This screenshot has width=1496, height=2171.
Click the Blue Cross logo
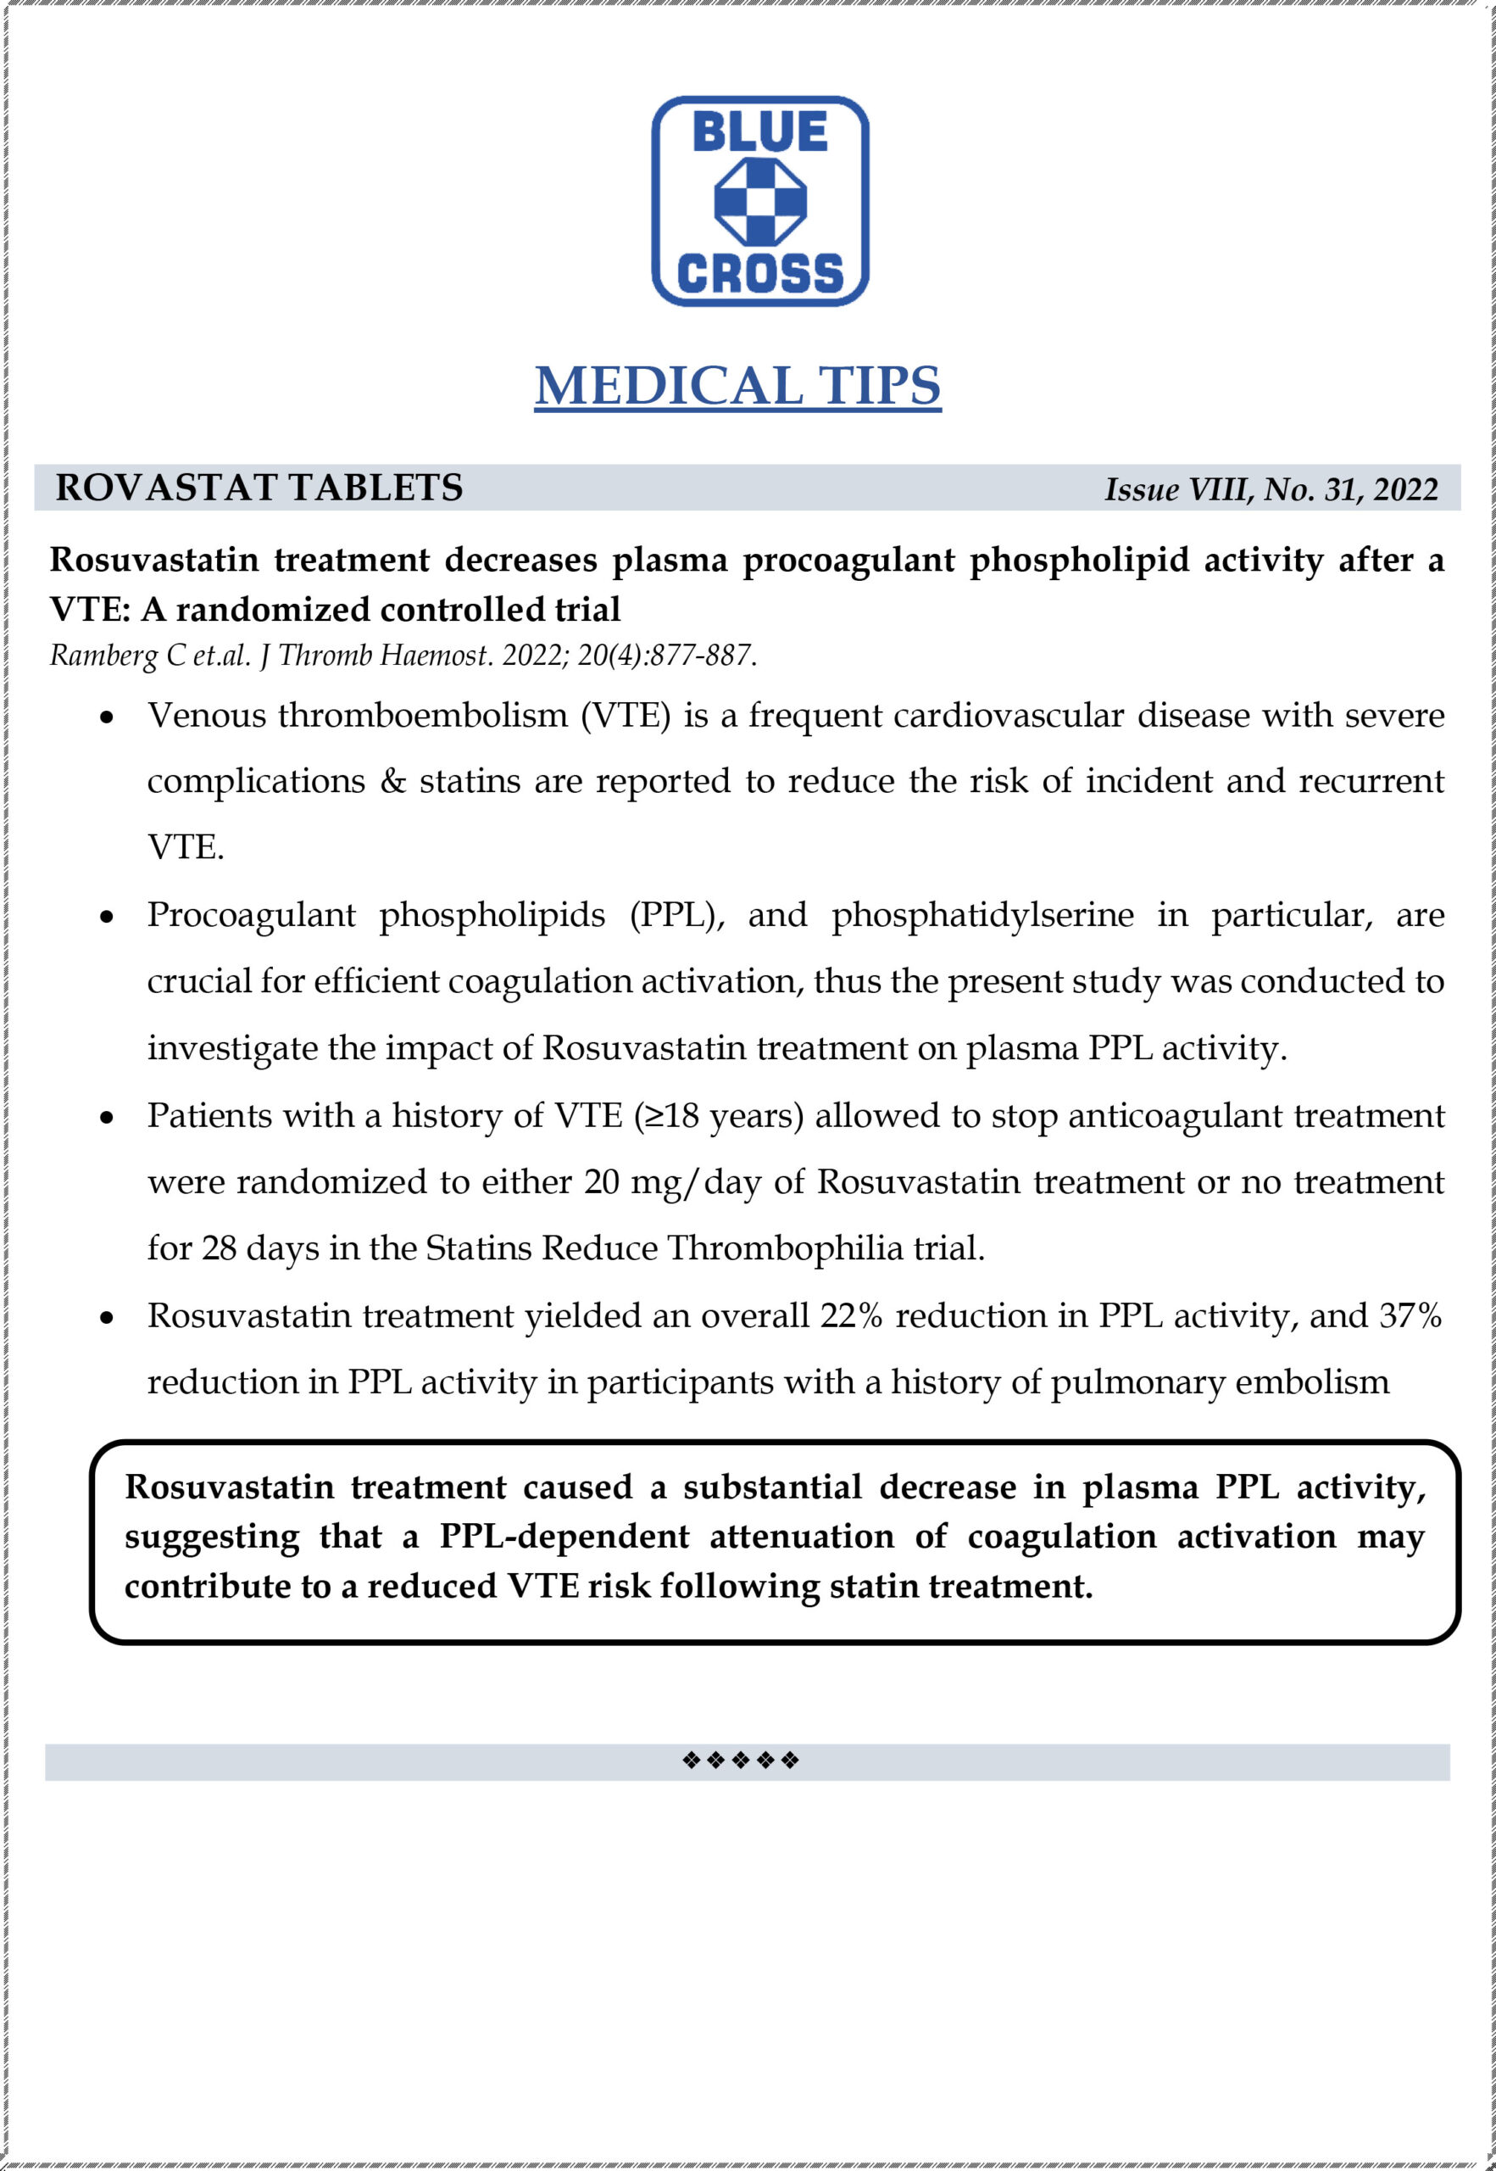tap(759, 201)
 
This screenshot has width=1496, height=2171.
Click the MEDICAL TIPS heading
tap(737, 385)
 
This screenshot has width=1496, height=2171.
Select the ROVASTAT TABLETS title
tap(259, 488)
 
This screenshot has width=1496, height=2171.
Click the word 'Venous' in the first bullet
tap(206, 716)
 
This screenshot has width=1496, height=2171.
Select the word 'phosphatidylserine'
tap(982, 914)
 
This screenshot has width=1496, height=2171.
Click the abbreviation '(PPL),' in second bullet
tap(676, 915)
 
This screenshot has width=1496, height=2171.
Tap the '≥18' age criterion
tap(667, 1116)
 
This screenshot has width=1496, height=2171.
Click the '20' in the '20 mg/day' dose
tap(601, 1182)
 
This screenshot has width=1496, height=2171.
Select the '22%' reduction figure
tap(851, 1315)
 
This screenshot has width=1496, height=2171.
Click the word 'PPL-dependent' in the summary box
tap(564, 1536)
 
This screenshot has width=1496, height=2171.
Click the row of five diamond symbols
tap(741, 1761)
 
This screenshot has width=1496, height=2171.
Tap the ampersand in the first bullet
tap(392, 781)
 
